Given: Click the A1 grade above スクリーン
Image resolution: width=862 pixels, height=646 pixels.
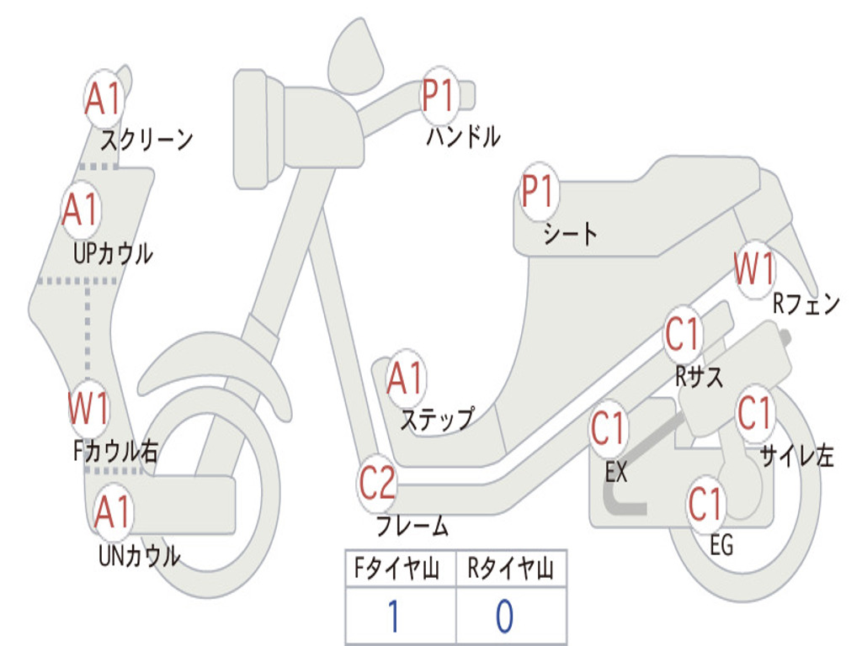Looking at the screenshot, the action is tap(104, 99).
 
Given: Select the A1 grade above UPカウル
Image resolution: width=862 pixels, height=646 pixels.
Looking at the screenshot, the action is tap(81, 210).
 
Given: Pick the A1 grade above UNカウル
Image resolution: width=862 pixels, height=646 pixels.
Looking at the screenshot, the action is tap(112, 512).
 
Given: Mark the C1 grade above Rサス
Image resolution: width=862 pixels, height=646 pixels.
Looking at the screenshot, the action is tap(684, 335).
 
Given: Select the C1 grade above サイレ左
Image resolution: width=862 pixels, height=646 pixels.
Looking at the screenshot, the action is tap(755, 412).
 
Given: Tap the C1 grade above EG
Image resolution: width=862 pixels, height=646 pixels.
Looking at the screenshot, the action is tap(706, 504).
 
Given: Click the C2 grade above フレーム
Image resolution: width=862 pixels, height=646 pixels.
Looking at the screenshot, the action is tap(377, 483).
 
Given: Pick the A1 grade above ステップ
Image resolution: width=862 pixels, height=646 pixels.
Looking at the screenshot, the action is tap(407, 379).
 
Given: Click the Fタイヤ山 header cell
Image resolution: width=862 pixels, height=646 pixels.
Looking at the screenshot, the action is tap(400, 570).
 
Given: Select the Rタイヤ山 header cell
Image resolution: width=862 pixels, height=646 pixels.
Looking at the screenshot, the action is tap(511, 570).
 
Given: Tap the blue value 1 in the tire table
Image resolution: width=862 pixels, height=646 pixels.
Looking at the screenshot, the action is tap(392, 617).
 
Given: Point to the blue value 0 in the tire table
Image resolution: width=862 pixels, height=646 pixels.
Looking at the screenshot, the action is tap(504, 617).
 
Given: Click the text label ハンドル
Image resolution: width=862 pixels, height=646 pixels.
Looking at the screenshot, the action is tap(462, 136).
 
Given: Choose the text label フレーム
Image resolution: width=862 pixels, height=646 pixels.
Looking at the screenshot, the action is tap(412, 527).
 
